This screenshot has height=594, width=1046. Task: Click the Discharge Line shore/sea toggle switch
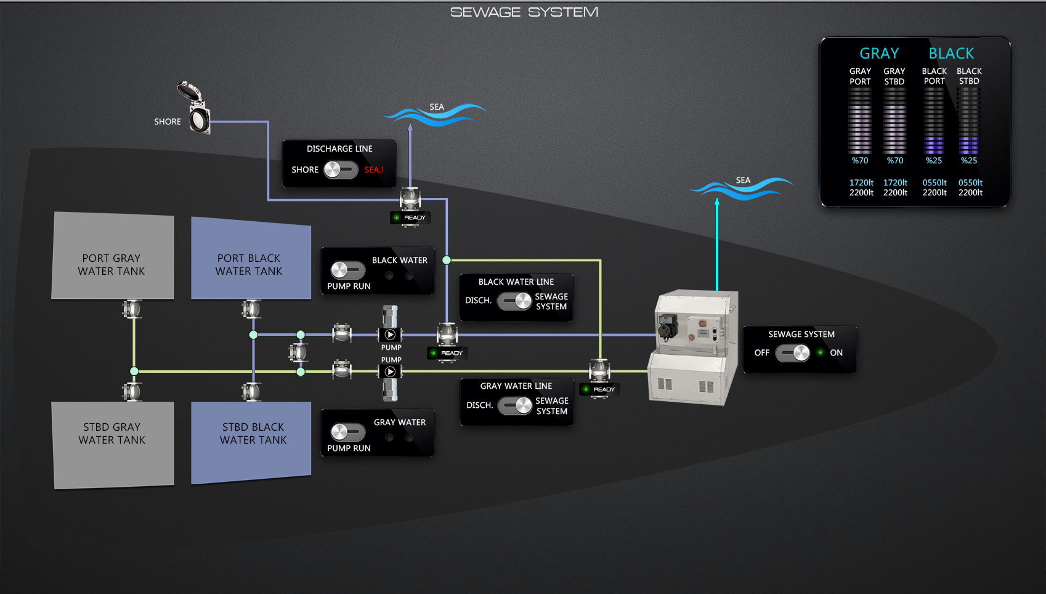coord(341,169)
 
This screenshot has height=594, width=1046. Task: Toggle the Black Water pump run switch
coord(348,270)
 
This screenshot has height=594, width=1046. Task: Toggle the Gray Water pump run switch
coord(348,432)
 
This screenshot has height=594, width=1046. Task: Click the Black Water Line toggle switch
coord(514,301)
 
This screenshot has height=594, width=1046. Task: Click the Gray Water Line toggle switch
coord(515,405)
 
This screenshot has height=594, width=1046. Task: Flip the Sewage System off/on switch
coord(793,353)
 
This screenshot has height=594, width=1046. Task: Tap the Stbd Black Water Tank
coord(251,441)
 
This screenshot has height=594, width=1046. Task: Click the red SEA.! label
coord(373,170)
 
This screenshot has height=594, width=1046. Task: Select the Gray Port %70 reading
coord(860,161)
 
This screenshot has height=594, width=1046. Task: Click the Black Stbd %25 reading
coord(969,161)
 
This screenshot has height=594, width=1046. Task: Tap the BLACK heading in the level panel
coord(951,54)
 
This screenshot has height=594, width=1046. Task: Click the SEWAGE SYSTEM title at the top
coord(524,12)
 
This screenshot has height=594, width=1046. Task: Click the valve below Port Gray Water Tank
coord(132,309)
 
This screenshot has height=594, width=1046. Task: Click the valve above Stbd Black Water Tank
coord(251,391)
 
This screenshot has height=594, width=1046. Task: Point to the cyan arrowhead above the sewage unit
coord(717,201)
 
